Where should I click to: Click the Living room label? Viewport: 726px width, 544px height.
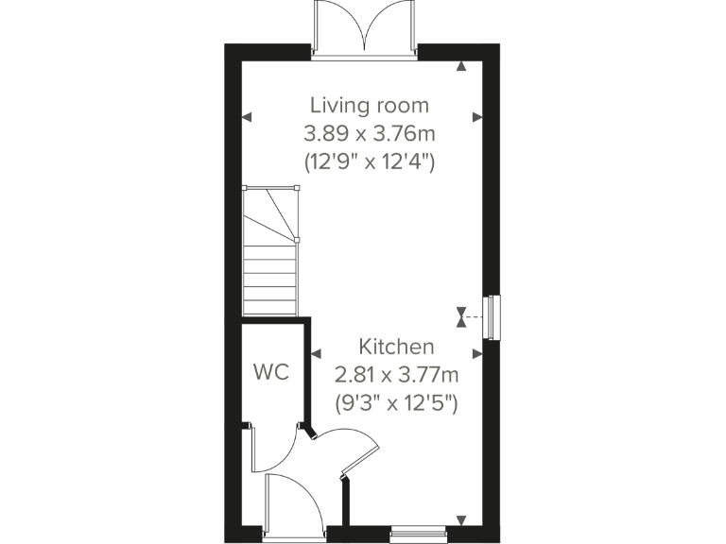(370, 105)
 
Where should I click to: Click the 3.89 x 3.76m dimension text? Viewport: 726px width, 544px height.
(370, 133)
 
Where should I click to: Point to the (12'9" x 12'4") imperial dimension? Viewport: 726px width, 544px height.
(370, 161)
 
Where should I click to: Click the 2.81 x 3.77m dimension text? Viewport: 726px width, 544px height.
(396, 375)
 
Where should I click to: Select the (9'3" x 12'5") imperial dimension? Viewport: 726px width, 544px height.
(396, 403)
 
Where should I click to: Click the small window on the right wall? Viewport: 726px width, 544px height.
(493, 316)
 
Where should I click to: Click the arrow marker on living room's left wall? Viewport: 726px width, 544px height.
(246, 117)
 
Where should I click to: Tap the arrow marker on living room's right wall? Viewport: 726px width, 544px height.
(478, 117)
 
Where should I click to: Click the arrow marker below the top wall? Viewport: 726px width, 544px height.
(460, 66)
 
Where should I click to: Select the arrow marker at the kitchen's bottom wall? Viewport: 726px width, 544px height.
(460, 520)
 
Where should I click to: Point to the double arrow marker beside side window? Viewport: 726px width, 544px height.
(460, 316)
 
